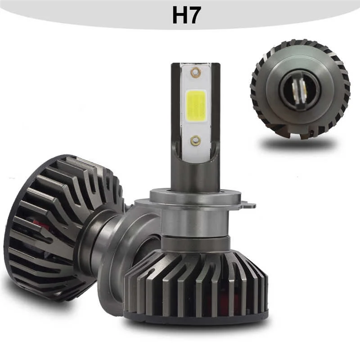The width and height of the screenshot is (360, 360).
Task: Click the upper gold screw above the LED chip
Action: tap(195, 72)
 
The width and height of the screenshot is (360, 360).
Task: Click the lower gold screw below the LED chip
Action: tap(195, 140)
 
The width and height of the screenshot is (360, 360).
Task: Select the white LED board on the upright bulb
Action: tap(195, 121)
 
